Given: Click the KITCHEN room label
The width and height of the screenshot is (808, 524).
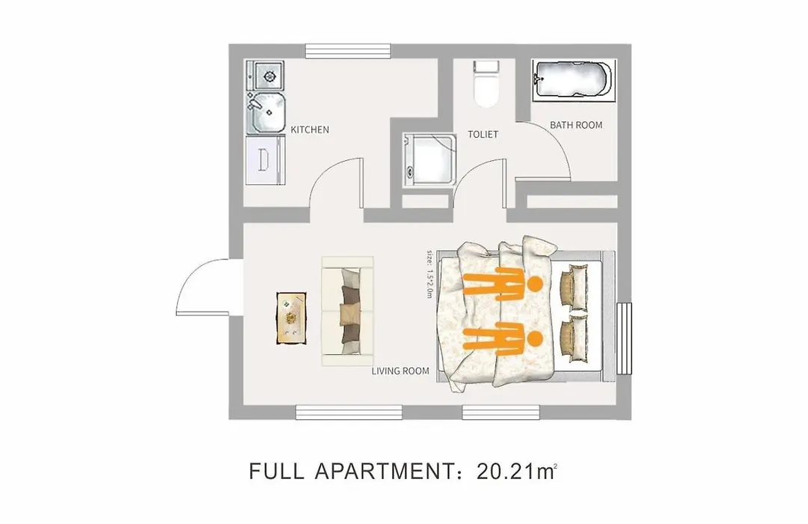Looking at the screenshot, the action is [310, 130].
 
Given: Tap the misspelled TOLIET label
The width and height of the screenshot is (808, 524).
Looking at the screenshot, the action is [483, 134].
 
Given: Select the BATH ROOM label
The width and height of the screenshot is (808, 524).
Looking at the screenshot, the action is [576, 125].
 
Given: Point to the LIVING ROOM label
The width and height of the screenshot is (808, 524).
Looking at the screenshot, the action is [400, 371].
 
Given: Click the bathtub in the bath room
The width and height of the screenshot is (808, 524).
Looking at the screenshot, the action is [574, 80].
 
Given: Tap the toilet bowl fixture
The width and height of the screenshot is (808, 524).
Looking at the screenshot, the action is [486, 84].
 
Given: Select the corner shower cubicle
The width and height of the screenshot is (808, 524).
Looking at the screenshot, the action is [429, 159].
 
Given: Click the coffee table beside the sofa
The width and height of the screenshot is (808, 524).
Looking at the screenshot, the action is [292, 318].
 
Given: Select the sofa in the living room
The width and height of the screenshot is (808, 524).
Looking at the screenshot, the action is [348, 311].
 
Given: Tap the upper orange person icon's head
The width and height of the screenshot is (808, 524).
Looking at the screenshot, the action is [536, 284].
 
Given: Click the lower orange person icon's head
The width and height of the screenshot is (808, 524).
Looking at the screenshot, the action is [536, 338].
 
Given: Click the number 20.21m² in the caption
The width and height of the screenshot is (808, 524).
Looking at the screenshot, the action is [517, 472].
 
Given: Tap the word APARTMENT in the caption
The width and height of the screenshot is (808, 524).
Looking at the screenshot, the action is [383, 472].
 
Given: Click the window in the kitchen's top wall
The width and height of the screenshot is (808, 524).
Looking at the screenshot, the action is [348, 51].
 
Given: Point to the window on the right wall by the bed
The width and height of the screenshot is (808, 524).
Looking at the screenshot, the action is [624, 338].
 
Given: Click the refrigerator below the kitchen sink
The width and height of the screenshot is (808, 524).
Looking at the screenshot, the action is [266, 160].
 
